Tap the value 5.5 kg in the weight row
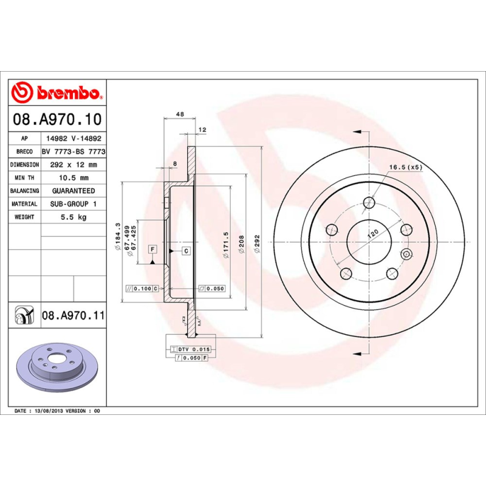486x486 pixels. [x=74, y=217]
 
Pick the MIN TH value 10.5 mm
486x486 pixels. [x=74, y=178]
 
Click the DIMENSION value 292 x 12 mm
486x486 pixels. [x=74, y=165]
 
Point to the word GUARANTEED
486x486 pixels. [x=74, y=191]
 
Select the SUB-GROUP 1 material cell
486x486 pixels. [x=74, y=204]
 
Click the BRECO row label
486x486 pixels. [x=25, y=152]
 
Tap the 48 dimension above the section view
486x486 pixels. [x=179, y=114]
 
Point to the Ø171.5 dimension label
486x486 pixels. [x=225, y=245]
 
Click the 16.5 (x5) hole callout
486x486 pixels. [x=405, y=167]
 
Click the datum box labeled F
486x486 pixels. [x=152, y=249]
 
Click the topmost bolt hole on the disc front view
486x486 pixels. [x=369, y=203]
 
